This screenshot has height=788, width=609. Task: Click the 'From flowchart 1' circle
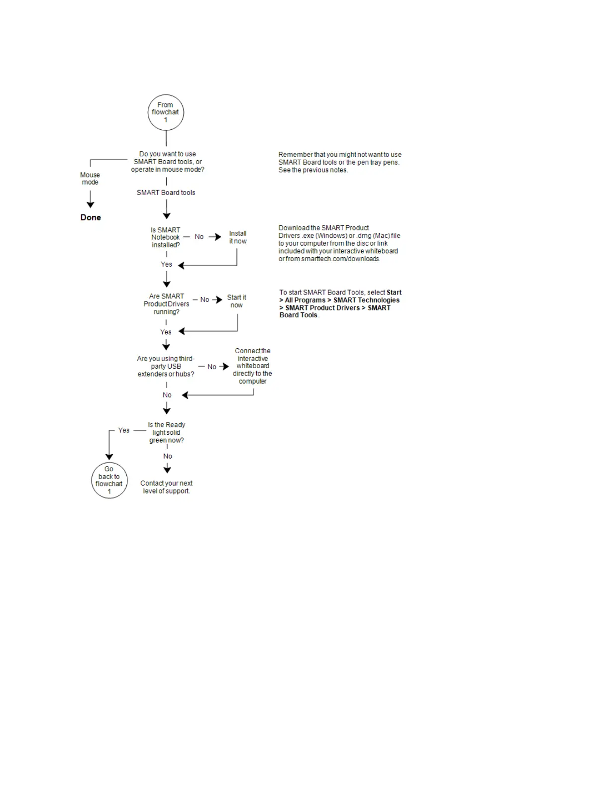pyautogui.click(x=166, y=112)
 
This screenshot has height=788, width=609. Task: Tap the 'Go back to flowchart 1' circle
pyautogui.click(x=109, y=481)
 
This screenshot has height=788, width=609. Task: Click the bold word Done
pyautogui.click(x=91, y=217)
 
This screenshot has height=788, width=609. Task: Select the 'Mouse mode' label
pyautogui.click(x=90, y=179)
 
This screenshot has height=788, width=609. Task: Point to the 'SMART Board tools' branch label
pyautogui.click(x=166, y=193)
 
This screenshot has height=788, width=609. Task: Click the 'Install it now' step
pyautogui.click(x=238, y=237)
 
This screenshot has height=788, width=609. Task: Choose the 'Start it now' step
pyautogui.click(x=236, y=301)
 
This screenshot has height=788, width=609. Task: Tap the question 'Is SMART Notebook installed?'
pyautogui.click(x=166, y=237)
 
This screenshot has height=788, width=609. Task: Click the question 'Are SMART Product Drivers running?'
pyautogui.click(x=166, y=304)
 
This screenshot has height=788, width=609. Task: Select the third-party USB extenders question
pyautogui.click(x=166, y=366)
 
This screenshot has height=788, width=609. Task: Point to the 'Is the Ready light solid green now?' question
pyautogui.click(x=166, y=432)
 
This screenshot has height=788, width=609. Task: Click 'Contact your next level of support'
pyautogui.click(x=166, y=487)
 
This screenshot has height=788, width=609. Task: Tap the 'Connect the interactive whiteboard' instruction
pyautogui.click(x=252, y=366)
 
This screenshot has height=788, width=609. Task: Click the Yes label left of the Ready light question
pyautogui.click(x=124, y=430)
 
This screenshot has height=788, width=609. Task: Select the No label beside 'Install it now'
pyautogui.click(x=199, y=237)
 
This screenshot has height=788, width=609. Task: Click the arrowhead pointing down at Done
pyautogui.click(x=91, y=204)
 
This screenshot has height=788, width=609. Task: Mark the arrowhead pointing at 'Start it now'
pyautogui.click(x=219, y=300)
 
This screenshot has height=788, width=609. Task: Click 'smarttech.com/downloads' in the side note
pyautogui.click(x=340, y=259)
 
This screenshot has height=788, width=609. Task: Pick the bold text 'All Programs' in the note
pyautogui.click(x=305, y=300)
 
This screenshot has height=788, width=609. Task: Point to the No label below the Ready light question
pyautogui.click(x=168, y=456)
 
